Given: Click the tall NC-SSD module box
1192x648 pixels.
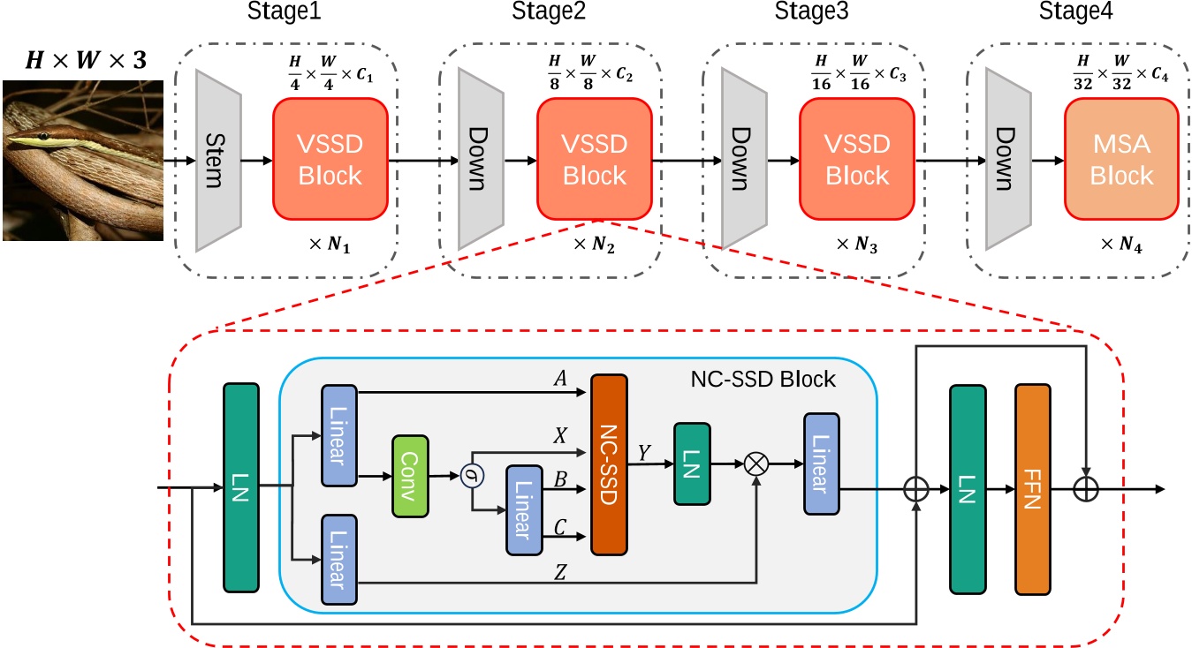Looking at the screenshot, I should tap(608, 464).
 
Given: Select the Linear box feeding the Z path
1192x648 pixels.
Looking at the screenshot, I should tap(339, 559).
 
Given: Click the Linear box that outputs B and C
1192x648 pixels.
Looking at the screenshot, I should tap(523, 509).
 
